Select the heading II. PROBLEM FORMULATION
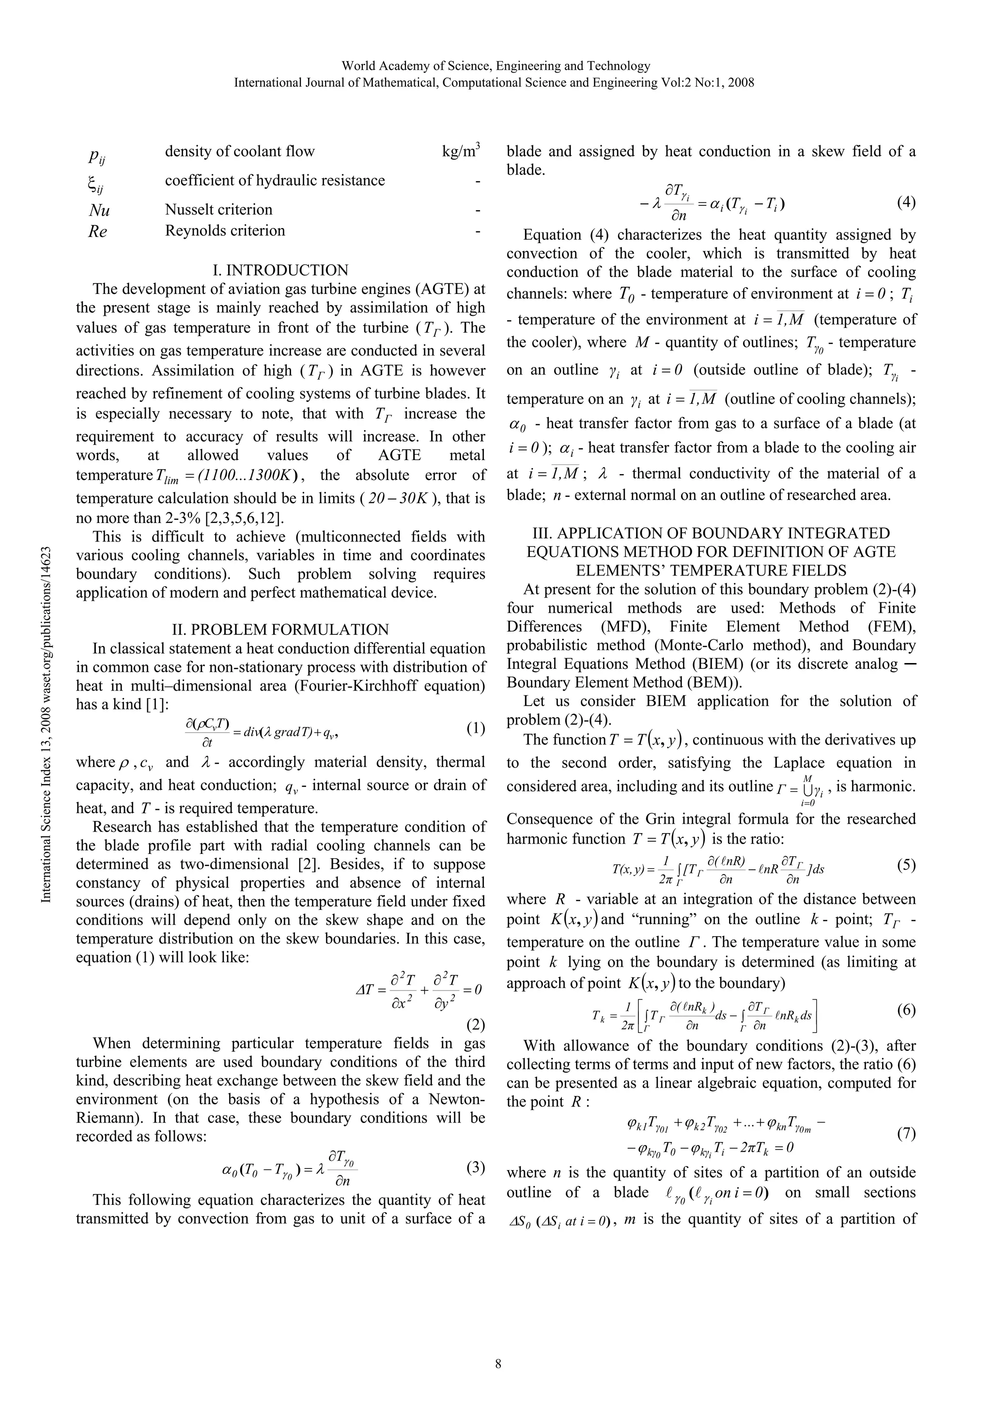[x=280, y=630]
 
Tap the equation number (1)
[x=475, y=728]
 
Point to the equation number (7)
[x=906, y=1134]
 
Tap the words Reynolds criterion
[x=225, y=231]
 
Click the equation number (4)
[x=906, y=202]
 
